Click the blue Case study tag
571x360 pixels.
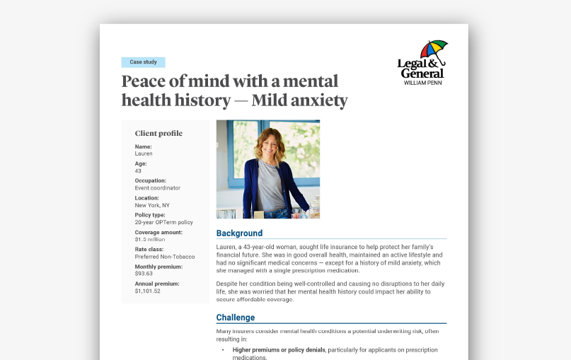(143, 62)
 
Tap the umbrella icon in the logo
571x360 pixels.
(433, 50)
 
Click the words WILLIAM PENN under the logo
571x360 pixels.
(423, 83)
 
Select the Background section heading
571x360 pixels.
(239, 233)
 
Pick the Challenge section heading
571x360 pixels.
(236, 318)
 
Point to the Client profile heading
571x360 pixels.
(158, 133)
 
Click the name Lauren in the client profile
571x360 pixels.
(144, 153)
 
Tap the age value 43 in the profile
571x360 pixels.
(139, 170)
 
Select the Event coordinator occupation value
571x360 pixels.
(157, 188)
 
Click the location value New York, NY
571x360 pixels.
(152, 205)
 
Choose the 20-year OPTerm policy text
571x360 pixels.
(163, 222)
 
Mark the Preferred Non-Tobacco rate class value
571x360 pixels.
(165, 257)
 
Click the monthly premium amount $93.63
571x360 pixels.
(144, 274)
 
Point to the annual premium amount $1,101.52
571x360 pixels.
(147, 291)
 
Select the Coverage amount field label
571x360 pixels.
(158, 232)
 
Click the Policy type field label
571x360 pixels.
(150, 215)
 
